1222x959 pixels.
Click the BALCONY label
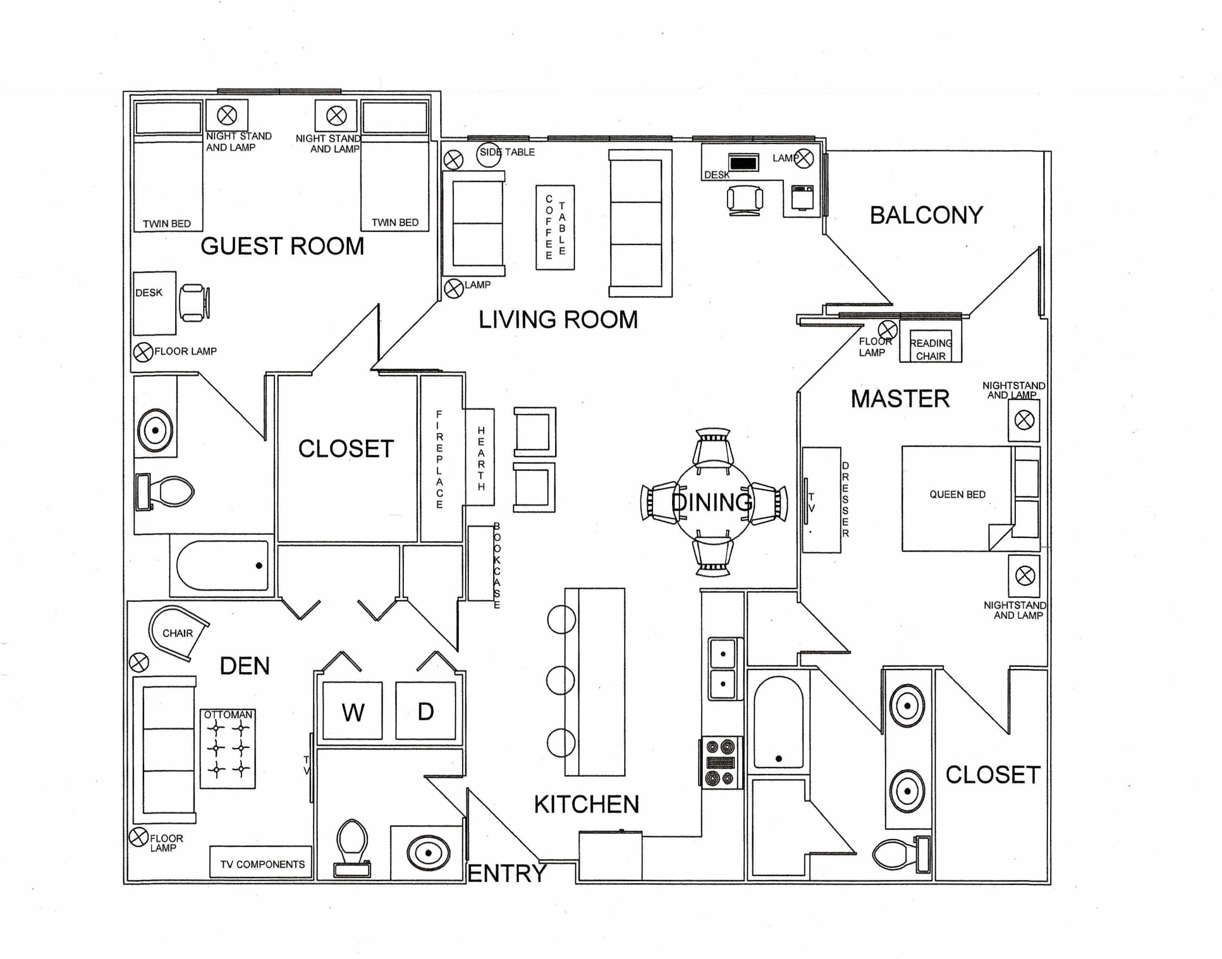(x=926, y=215)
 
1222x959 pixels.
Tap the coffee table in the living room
(x=555, y=227)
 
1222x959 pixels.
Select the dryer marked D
(x=425, y=711)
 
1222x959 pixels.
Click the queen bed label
(x=957, y=494)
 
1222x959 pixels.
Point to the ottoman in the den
(x=228, y=748)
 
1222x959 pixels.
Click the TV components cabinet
(x=262, y=864)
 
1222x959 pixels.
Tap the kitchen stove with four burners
(x=721, y=762)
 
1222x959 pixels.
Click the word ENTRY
(x=506, y=874)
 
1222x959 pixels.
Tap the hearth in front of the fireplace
(x=480, y=457)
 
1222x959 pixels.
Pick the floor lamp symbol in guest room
(x=143, y=352)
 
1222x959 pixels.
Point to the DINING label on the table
(x=712, y=501)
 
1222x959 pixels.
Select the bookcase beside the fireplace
(x=481, y=563)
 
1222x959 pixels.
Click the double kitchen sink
(x=725, y=668)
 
